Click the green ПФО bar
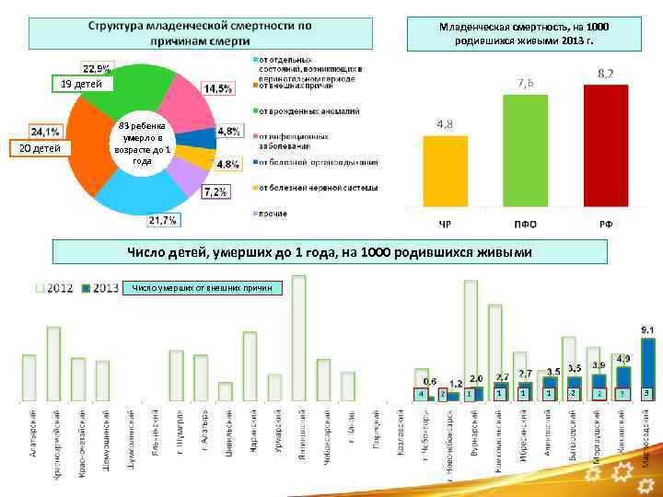tap(525, 153)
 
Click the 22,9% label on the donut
tap(97, 68)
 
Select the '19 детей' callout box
tap(83, 84)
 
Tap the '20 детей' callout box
tap(40, 148)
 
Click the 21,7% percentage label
tap(162, 221)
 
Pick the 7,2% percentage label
tap(216, 191)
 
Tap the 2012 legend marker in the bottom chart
tap(40, 288)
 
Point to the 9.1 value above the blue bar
tap(647, 329)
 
